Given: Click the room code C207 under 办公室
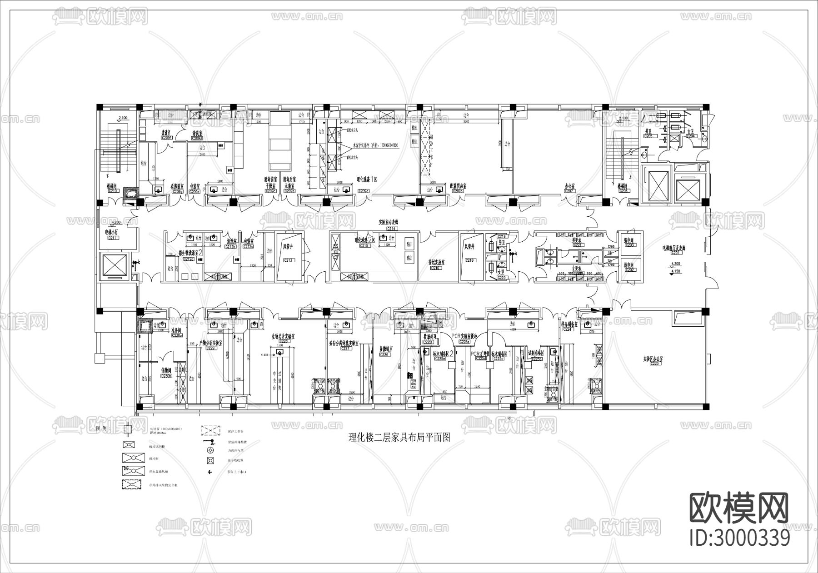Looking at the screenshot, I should (x=569, y=191).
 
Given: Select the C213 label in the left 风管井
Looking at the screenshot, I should (x=289, y=260).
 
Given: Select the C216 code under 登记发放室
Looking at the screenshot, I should (x=435, y=269).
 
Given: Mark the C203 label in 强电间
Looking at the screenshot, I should (x=629, y=245).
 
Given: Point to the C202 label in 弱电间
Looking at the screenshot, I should (x=629, y=270).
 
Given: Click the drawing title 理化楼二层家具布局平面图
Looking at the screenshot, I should (x=399, y=438).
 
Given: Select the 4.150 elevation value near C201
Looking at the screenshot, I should (x=675, y=271).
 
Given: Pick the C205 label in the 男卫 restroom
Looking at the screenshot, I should (x=648, y=136).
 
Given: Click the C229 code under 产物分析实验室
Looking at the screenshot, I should (x=211, y=348).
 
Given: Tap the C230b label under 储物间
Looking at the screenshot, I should (x=166, y=376).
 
